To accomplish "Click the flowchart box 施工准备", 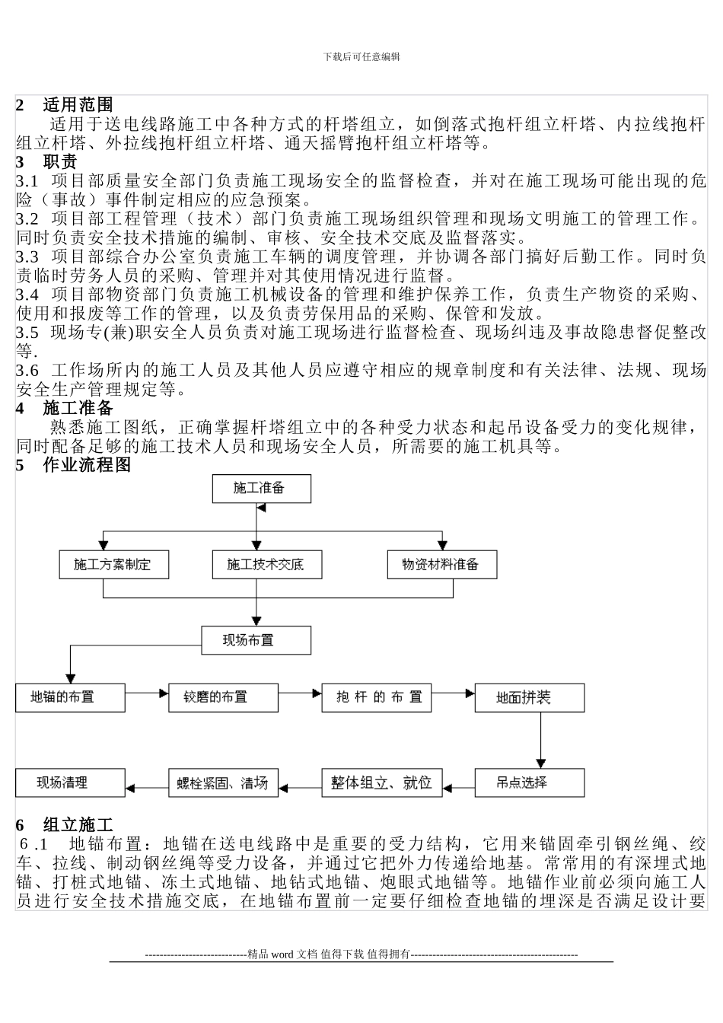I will [x=261, y=489].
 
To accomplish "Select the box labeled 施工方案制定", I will [x=113, y=565].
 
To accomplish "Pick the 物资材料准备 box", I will [x=441, y=565].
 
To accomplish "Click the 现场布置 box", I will [x=256, y=640].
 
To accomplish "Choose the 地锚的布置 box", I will [x=69, y=697].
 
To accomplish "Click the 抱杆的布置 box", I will [x=377, y=697].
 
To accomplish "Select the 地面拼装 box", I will [x=530, y=697].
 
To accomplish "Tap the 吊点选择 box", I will [x=530, y=782].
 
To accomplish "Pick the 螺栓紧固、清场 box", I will [x=223, y=782].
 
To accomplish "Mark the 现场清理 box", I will [x=69, y=782].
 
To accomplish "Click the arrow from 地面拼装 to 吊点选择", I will [x=541, y=740].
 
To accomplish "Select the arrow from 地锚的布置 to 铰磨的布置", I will [x=146, y=693].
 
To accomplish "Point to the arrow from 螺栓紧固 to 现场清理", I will [x=146, y=787].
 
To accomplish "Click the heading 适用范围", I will [x=78, y=105].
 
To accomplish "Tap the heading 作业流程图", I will [x=87, y=465].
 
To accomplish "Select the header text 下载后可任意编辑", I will [x=361, y=56].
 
